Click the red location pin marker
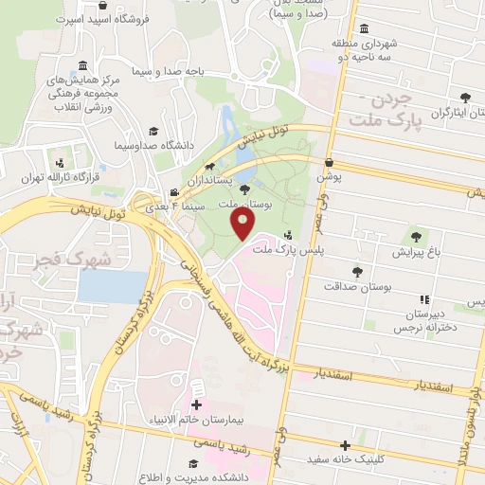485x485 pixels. click(x=242, y=225)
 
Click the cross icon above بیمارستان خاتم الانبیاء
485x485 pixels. click(x=196, y=390)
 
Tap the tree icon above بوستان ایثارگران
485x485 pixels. click(x=465, y=97)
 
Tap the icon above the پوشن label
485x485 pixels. click(x=328, y=162)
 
